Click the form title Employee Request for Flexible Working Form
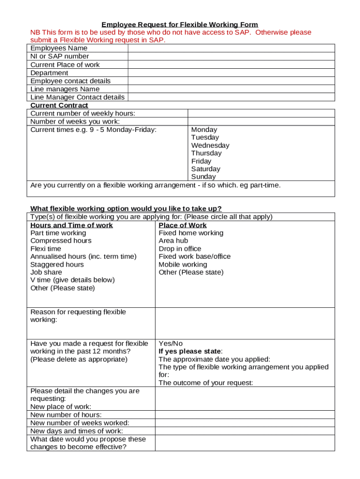180,24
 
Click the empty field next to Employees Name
231,48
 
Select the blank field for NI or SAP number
231,56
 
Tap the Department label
49,73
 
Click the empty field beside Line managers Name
231,89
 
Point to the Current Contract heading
59,105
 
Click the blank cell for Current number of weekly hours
261,113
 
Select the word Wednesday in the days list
210,145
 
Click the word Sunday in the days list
203,177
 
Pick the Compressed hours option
61,241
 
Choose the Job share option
46,272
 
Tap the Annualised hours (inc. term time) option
83,256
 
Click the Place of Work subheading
182,225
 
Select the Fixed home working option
191,233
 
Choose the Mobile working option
182,264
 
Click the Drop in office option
180,249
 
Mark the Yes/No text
171,343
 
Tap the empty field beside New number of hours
245,415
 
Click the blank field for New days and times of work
245,431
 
